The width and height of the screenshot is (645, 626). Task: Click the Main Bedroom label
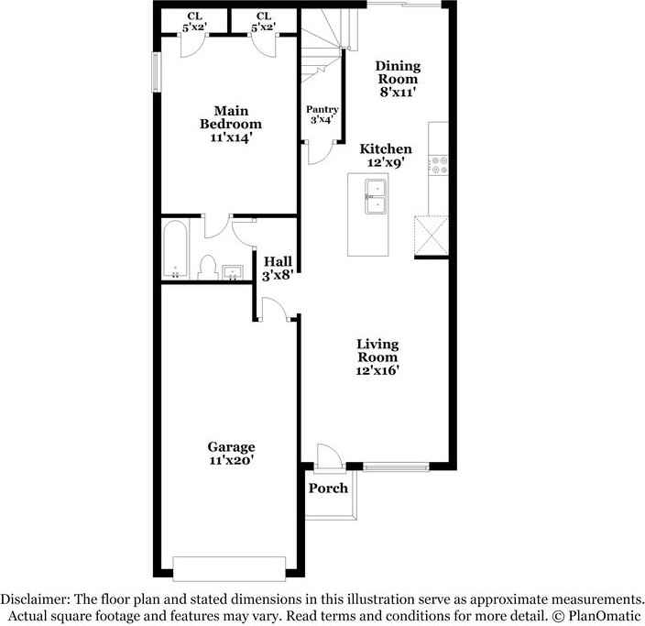[231, 117]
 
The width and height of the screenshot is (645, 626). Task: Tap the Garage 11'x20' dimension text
[231, 462]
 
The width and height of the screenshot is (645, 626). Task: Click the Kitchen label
[386, 148]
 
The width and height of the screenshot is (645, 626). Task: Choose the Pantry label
[322, 109]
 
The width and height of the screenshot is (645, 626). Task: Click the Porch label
[327, 488]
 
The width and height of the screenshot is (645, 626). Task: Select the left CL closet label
[194, 16]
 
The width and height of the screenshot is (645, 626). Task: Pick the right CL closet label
[264, 16]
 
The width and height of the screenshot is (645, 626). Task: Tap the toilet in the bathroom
[207, 267]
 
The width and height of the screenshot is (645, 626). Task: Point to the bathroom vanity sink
[231, 271]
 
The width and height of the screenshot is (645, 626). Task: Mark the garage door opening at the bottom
[233, 568]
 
